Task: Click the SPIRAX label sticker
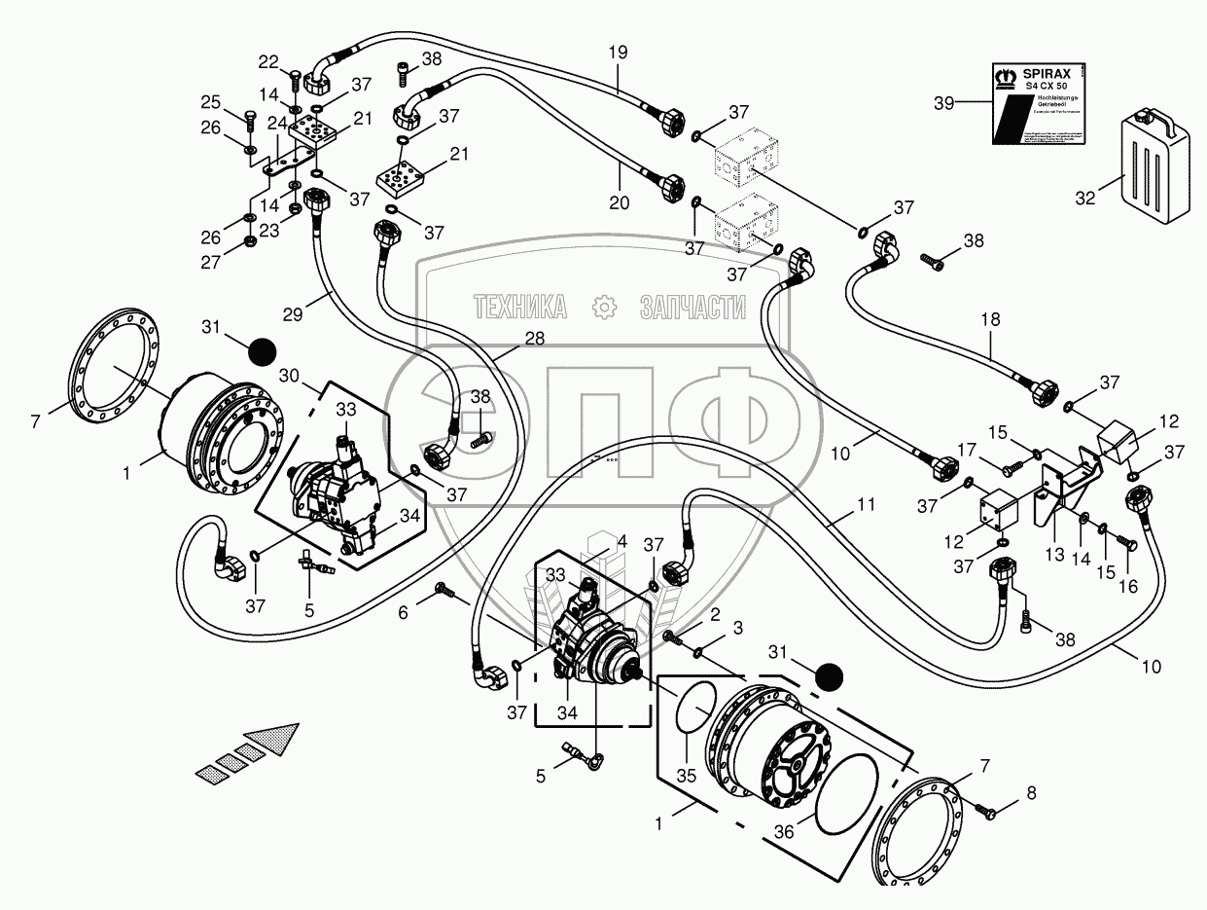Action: click(1038, 101)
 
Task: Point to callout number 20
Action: click(620, 202)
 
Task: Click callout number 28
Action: click(533, 338)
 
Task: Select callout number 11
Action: click(866, 504)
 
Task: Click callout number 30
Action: click(289, 376)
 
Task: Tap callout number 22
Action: click(268, 62)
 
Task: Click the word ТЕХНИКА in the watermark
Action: click(520, 309)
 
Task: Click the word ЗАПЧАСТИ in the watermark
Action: click(692, 309)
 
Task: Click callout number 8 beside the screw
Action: click(1031, 793)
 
